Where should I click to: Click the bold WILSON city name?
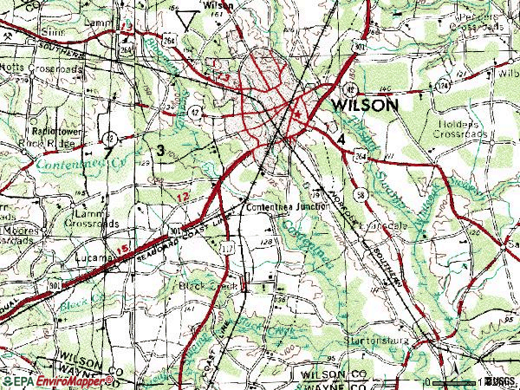tap(363, 105)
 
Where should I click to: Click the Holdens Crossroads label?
tap(460, 129)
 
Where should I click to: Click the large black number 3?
tap(161, 151)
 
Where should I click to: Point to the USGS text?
tap(500, 380)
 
